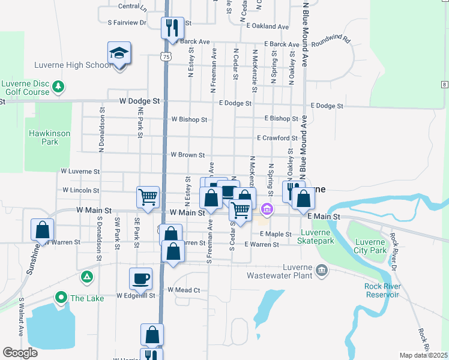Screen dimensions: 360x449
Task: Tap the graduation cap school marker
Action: [x=119, y=54]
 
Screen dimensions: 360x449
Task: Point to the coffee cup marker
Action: [x=141, y=279]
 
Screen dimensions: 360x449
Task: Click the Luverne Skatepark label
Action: [x=316, y=236]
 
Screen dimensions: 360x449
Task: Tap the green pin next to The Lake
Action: [x=61, y=297]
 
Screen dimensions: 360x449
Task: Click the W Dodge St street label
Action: [x=141, y=101]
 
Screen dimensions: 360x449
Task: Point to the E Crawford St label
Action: [x=277, y=138]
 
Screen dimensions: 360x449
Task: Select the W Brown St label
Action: [x=188, y=155]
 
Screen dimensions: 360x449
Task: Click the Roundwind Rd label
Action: [x=330, y=40]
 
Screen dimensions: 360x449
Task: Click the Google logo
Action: [x=20, y=353]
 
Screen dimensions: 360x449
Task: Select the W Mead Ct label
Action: [x=184, y=290]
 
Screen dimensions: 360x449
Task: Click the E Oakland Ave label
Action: [x=267, y=26]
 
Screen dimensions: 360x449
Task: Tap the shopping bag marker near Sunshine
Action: [x=43, y=230]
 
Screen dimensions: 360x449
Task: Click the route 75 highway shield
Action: [x=166, y=56]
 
